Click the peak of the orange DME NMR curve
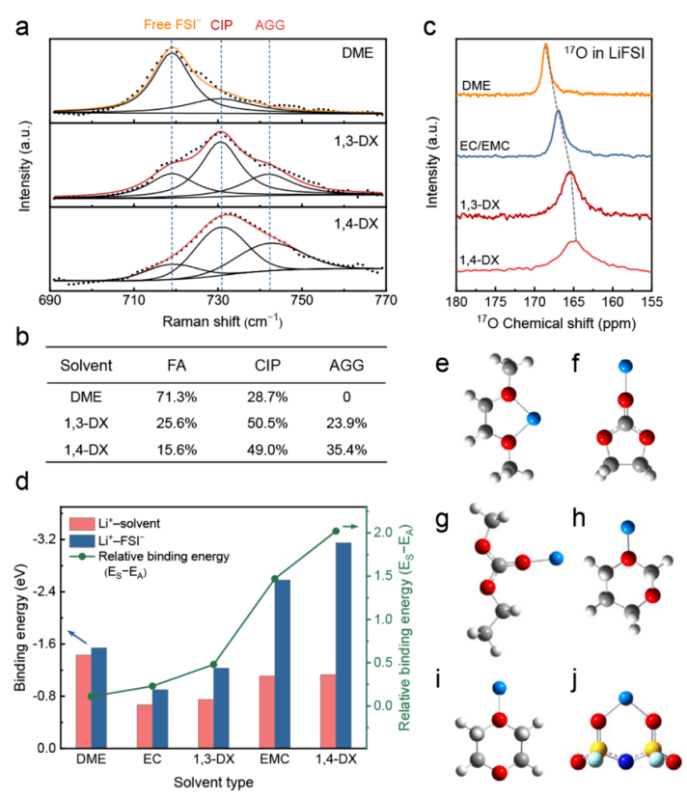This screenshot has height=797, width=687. pyautogui.click(x=546, y=44)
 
